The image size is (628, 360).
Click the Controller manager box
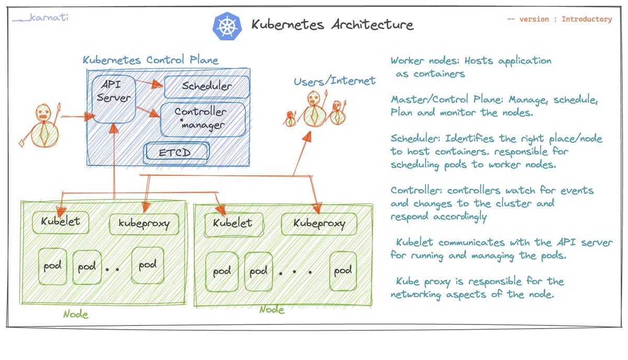[201, 119]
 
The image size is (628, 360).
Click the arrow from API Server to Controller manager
[147, 111]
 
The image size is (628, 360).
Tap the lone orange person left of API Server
[42, 126]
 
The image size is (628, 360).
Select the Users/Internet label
[334, 81]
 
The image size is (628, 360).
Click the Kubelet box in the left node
[60, 221]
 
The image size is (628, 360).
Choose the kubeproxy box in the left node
[143, 224]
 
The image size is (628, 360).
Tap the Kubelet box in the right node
[232, 223]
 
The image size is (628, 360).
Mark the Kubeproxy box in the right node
[319, 224]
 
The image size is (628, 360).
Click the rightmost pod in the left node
[147, 266]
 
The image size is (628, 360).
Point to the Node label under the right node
[272, 310]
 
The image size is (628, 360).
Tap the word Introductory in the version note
[586, 19]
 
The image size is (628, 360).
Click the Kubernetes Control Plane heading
[150, 60]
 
